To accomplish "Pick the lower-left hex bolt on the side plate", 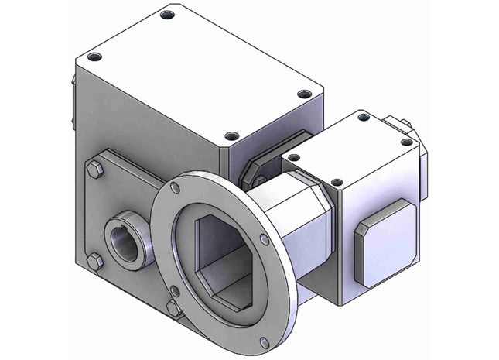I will (94, 261).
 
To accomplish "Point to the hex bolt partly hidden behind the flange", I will (173, 307).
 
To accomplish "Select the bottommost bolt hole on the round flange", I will (265, 341).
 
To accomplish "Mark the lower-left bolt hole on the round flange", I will (176, 291).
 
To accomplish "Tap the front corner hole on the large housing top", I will (231, 135).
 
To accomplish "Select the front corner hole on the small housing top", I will (337, 183).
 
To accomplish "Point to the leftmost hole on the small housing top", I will (293, 157).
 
